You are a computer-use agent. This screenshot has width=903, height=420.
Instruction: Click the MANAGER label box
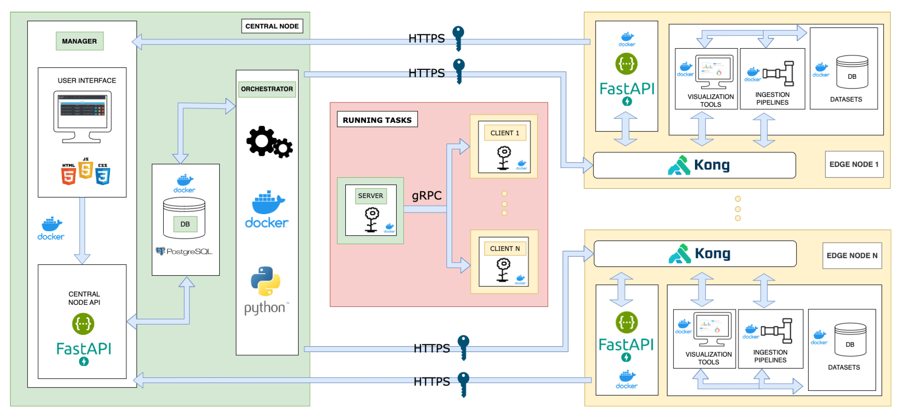(x=80, y=41)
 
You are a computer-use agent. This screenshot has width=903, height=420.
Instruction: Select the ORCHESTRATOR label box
(x=267, y=89)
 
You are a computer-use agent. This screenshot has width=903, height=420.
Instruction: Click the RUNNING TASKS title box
(x=377, y=120)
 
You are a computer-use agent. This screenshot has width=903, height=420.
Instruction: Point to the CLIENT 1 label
(x=504, y=133)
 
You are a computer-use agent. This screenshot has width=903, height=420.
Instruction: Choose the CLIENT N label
(x=504, y=249)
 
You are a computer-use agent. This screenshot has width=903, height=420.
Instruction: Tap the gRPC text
(x=426, y=195)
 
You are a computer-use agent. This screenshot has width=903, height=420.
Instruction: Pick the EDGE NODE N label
(x=852, y=256)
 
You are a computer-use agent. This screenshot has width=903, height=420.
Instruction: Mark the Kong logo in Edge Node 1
(x=699, y=165)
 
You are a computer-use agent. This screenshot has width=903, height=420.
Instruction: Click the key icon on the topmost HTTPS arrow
(x=458, y=38)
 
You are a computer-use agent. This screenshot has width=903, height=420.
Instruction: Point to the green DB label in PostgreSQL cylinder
(x=185, y=224)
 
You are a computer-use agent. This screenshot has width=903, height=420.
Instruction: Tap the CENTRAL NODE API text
(x=84, y=298)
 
